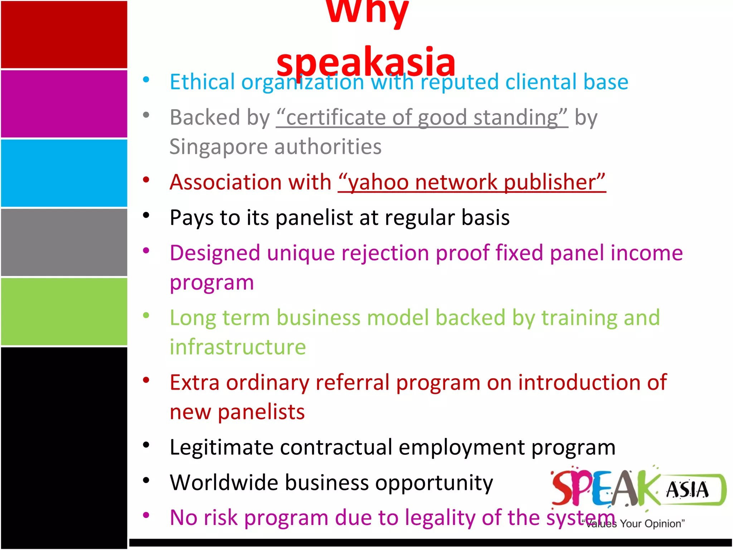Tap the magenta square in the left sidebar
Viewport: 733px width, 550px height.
click(64, 104)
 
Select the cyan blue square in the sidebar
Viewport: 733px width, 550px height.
click(64, 173)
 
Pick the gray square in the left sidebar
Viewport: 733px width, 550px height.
click(64, 242)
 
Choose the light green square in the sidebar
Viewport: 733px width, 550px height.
click(64, 312)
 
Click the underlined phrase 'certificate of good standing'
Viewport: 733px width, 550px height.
click(422, 117)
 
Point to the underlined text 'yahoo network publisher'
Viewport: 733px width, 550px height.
click(472, 182)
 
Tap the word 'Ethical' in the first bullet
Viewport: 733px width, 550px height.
click(202, 82)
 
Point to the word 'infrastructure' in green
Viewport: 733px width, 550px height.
click(238, 347)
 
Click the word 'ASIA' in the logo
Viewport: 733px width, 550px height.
click(687, 490)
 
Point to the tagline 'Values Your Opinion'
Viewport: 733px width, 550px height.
click(634, 524)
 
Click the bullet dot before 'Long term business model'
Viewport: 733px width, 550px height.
click(146, 315)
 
